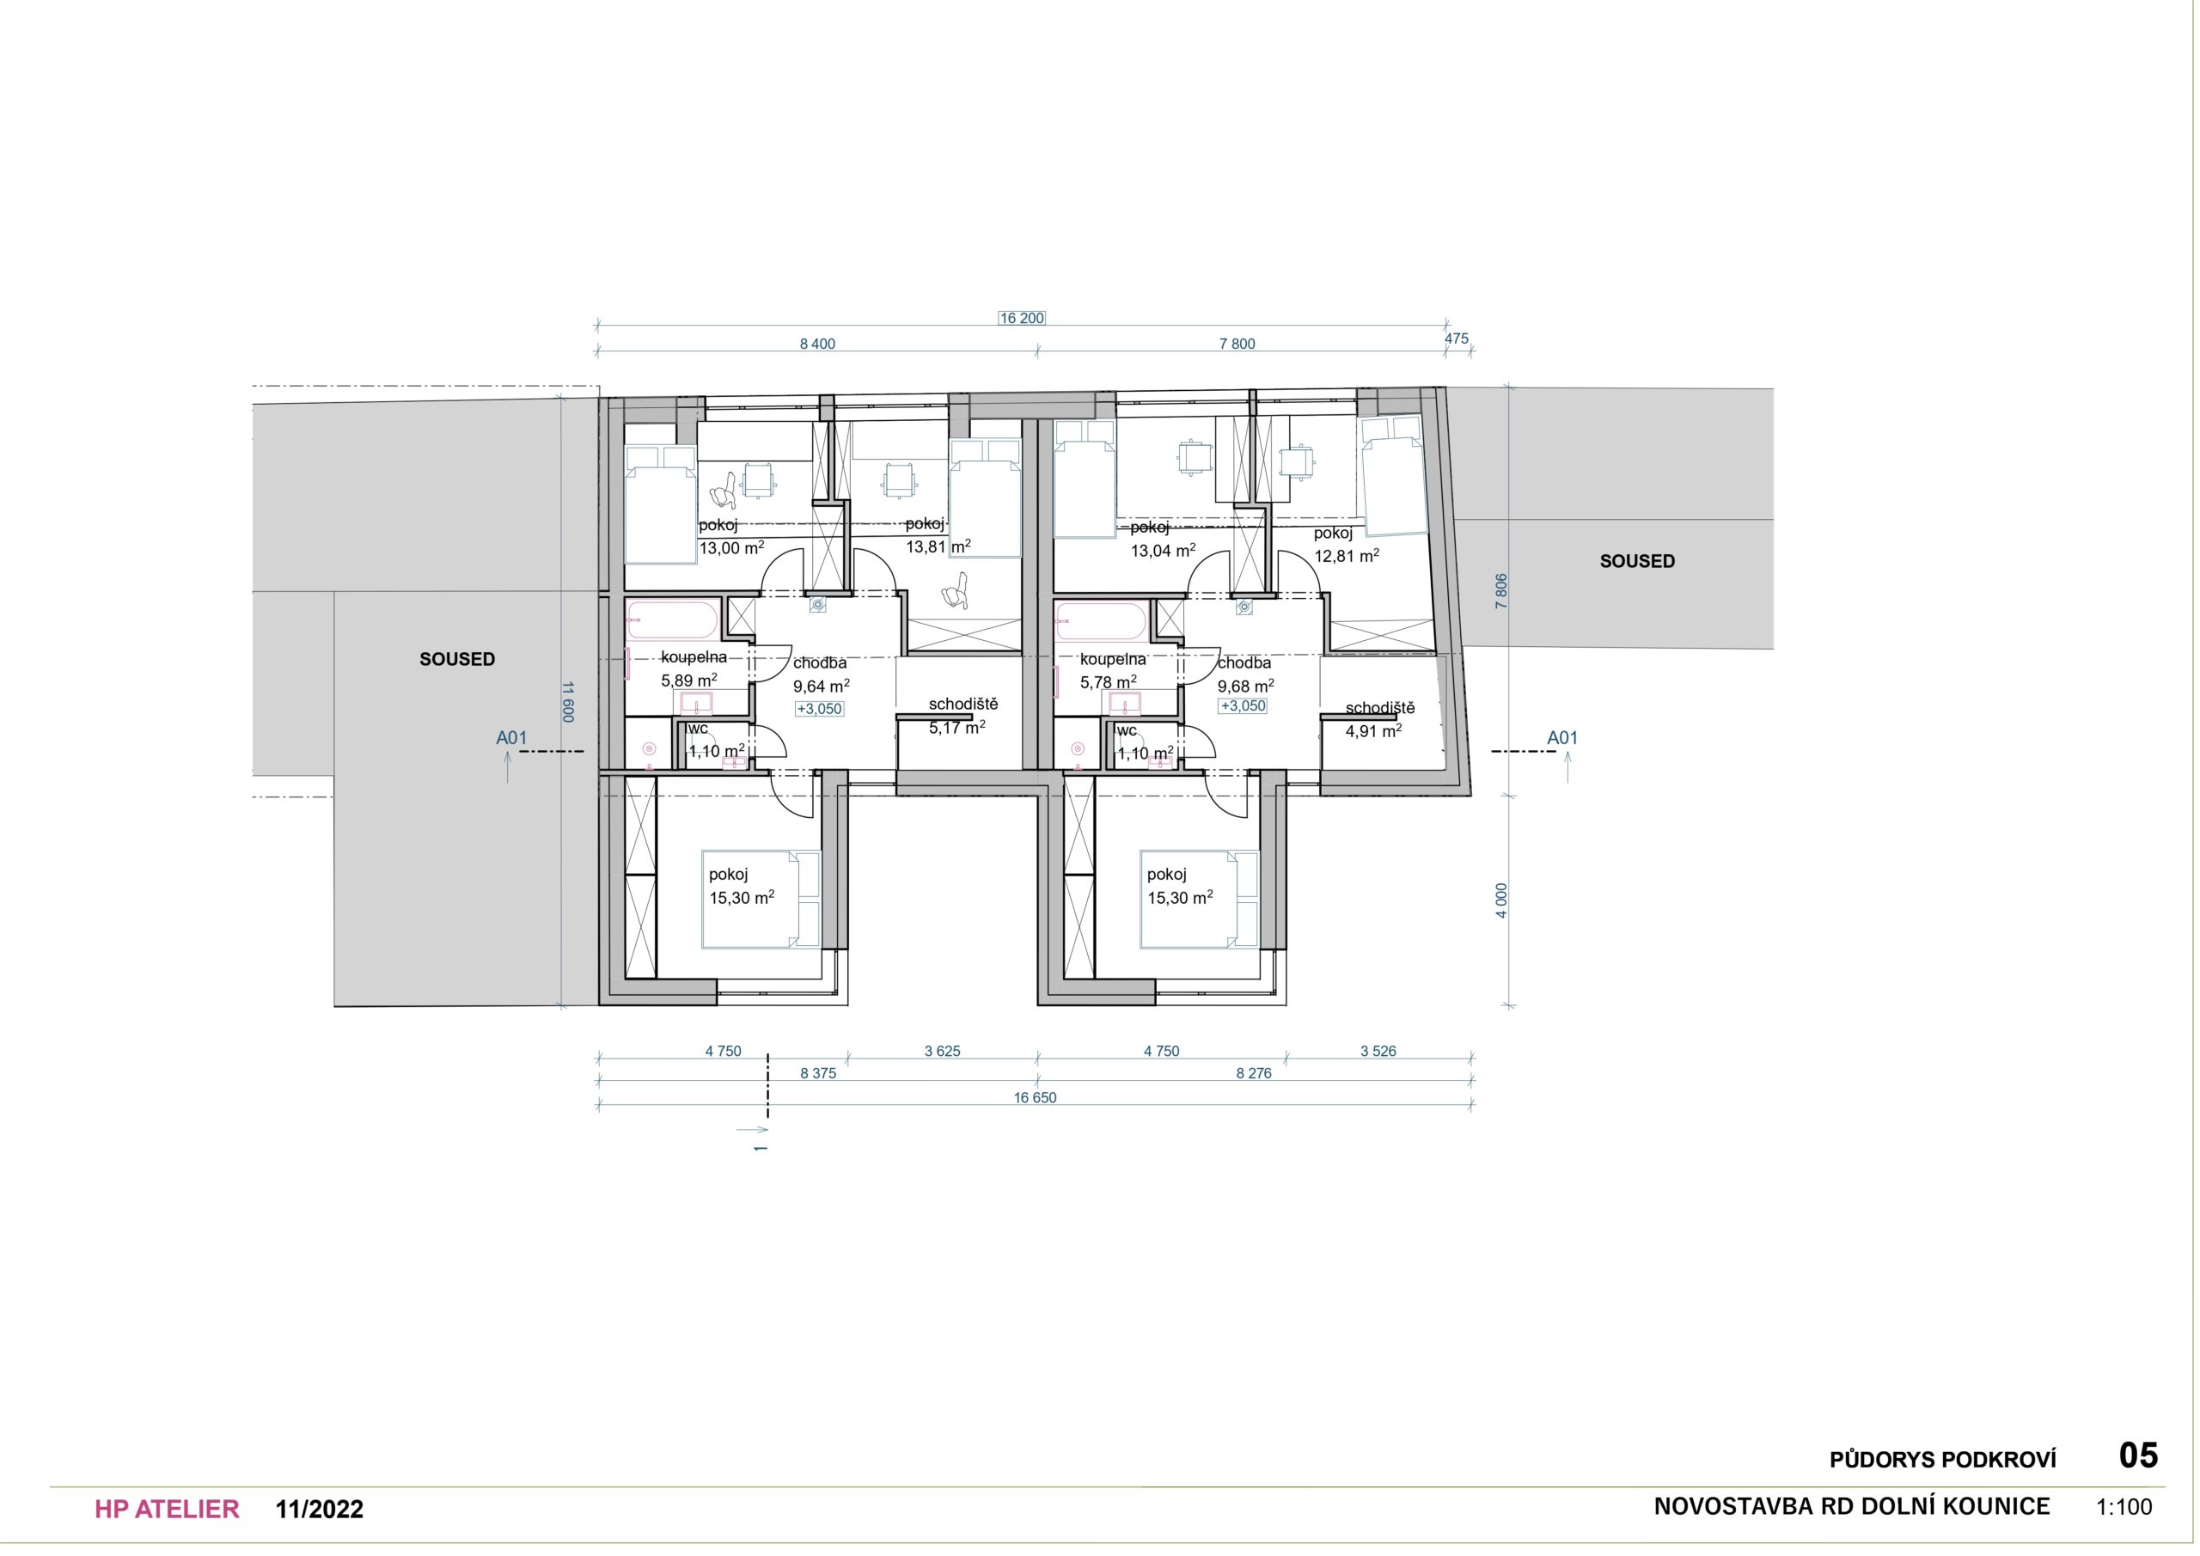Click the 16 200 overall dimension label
1022,318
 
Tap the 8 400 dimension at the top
817,344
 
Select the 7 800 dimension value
1237,344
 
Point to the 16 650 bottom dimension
1035,1097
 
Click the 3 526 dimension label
1378,1051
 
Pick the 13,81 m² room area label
939,546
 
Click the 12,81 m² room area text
1347,555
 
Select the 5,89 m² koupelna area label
689,680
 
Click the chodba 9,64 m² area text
822,674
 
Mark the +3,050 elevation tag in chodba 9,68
1243,706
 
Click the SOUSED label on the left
457,659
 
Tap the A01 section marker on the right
1561,738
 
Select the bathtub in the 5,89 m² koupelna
672,620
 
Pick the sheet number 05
2138,1455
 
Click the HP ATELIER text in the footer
167,1509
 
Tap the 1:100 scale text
2124,1507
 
